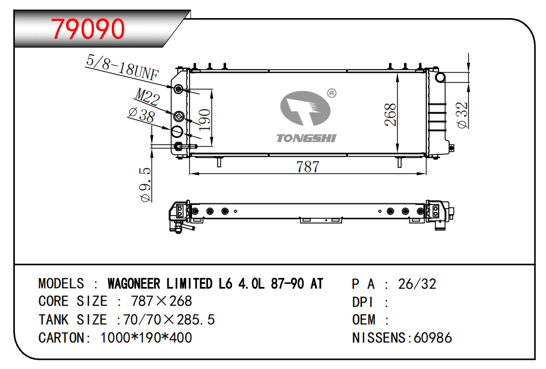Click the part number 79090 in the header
(x=88, y=29)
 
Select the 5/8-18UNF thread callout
(x=122, y=67)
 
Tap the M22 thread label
(x=147, y=97)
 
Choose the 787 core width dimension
(x=308, y=167)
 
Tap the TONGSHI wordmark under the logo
(x=306, y=138)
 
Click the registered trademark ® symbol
(x=331, y=93)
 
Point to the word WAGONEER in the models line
(x=134, y=283)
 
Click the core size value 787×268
(x=161, y=301)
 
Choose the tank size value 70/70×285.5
(x=169, y=319)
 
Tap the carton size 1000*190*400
(x=146, y=338)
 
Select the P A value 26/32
(x=417, y=284)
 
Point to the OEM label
(x=363, y=319)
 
